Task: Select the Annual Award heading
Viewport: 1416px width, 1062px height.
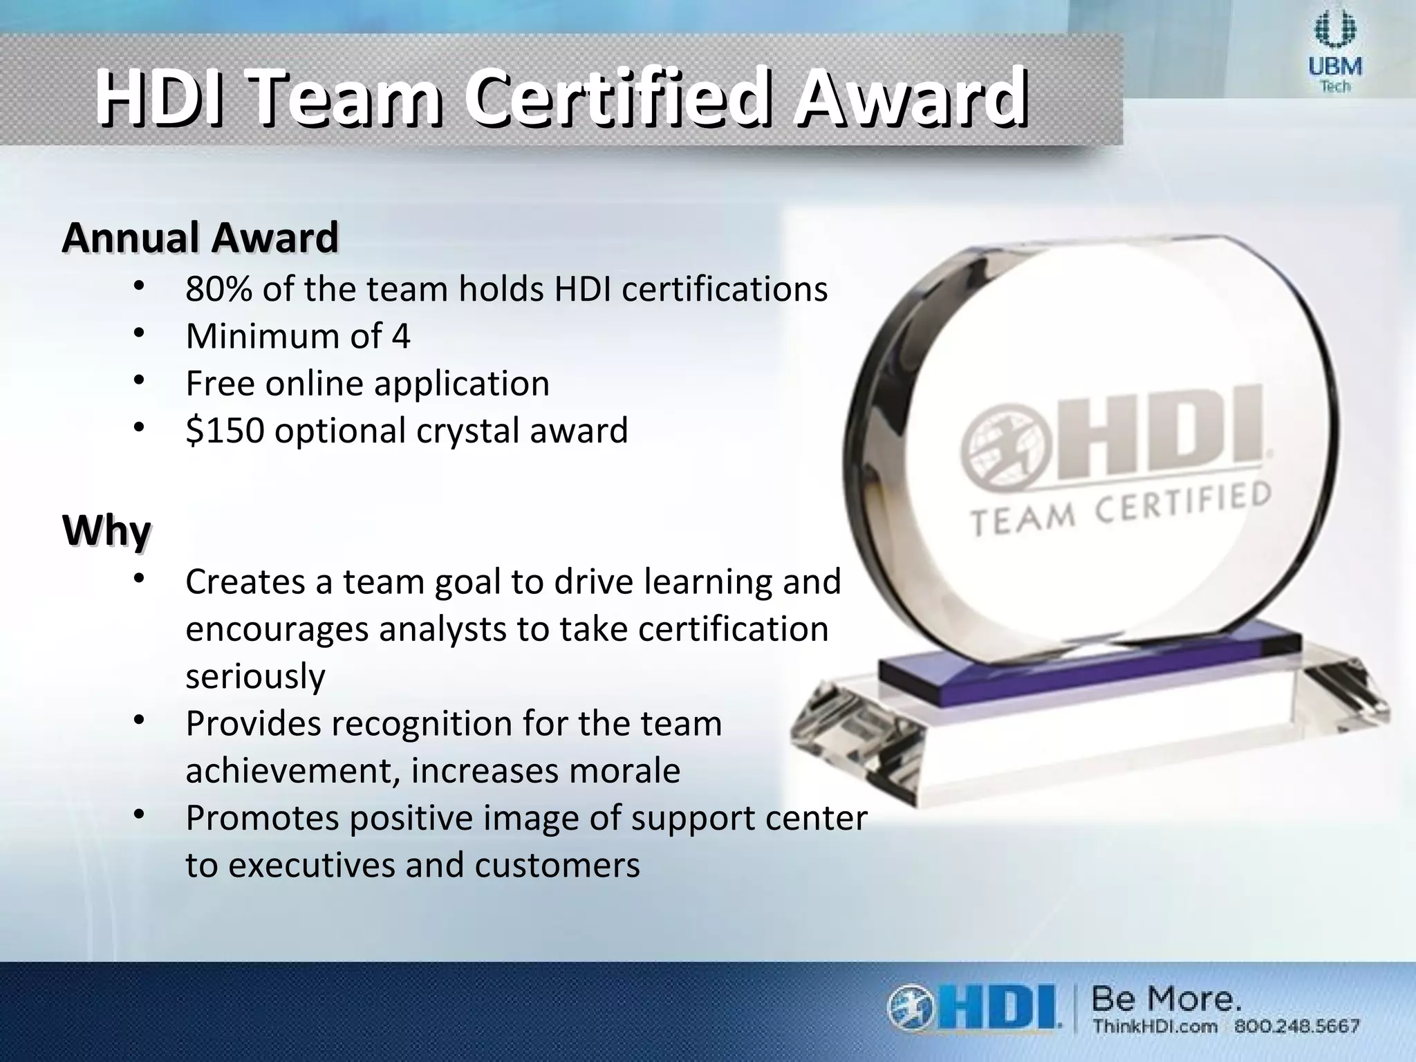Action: (201, 237)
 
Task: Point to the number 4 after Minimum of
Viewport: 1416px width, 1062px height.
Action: (401, 337)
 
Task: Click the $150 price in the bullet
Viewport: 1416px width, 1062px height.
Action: (225, 430)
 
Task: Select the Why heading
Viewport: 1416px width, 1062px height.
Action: (106, 531)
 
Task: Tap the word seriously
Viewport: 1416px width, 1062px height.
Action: (255, 676)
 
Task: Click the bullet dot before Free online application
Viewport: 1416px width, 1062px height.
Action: (138, 381)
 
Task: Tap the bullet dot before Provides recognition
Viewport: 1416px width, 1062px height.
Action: (138, 721)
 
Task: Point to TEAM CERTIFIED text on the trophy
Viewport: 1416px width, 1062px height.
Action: (1120, 508)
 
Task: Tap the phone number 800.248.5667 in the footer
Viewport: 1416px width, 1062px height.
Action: (1297, 1026)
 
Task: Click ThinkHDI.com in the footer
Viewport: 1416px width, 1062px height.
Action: (1155, 1026)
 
